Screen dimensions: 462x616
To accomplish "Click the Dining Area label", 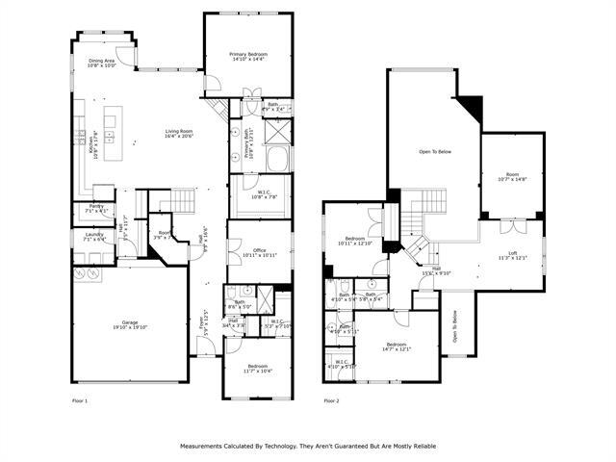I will [101, 64].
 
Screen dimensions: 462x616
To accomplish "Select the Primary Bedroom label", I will [246, 57].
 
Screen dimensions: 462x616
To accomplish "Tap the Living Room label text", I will [179, 134].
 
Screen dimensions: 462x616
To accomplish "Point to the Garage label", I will [130, 323].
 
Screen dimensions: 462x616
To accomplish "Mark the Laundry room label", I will [94, 236].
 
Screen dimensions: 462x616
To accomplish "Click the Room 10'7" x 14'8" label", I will [513, 176].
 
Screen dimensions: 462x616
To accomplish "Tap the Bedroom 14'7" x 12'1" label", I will [398, 346].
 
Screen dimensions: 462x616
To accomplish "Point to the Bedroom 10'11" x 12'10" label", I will [355, 241].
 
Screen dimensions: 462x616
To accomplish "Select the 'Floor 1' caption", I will [80, 400].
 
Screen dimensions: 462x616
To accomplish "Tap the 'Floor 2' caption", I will [331, 400].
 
